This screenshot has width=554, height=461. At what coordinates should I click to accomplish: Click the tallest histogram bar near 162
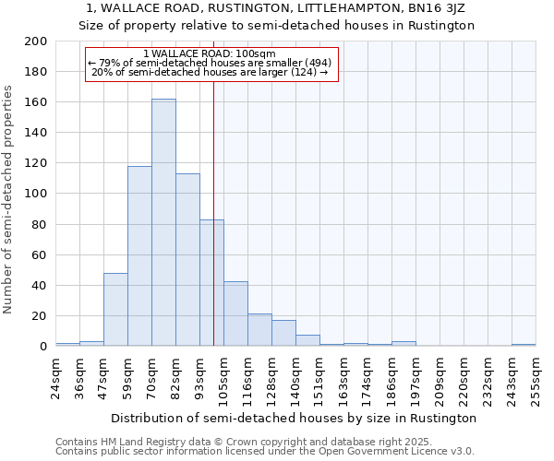point(163,222)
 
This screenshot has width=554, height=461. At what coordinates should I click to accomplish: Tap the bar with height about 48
point(115,310)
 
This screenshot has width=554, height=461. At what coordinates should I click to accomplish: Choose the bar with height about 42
point(235,313)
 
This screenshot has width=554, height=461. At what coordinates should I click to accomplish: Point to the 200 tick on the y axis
point(36,41)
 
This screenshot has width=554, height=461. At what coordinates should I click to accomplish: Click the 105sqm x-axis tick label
point(223,381)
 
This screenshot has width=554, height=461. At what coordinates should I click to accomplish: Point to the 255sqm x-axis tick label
point(536,381)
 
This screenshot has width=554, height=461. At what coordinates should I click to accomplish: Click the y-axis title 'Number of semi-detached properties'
point(9,199)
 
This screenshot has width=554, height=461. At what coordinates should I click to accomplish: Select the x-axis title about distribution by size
point(293,418)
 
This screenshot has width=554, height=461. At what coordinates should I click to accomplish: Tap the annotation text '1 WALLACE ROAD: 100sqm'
point(210,53)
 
